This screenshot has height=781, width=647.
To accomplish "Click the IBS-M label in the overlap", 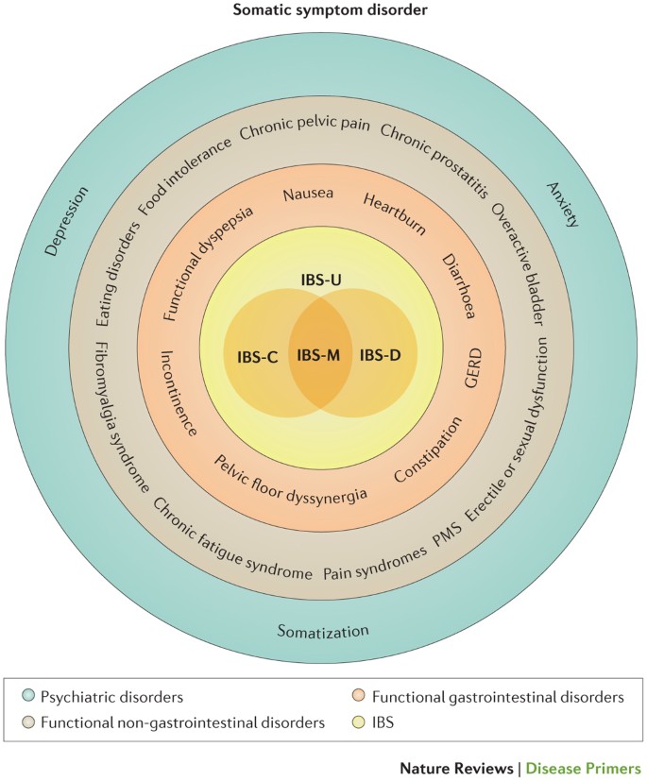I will tap(320, 355).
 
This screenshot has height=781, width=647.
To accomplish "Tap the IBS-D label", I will tap(381, 356).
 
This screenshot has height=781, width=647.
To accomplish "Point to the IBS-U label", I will tap(320, 282).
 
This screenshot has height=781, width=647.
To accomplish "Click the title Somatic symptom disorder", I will tap(322, 10).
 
